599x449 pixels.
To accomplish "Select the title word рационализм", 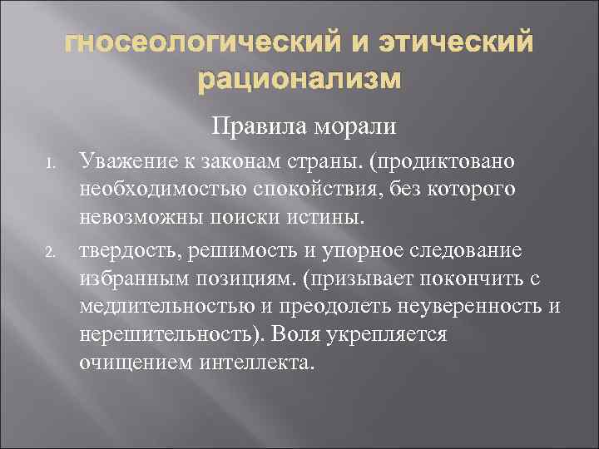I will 299,81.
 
